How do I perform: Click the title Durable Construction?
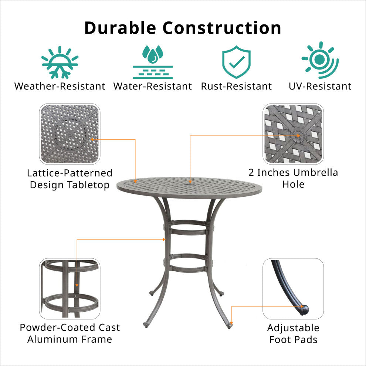click(x=183, y=28)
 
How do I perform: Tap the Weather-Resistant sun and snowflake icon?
click(x=60, y=62)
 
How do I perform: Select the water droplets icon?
click(x=153, y=62)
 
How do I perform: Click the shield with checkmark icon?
click(x=236, y=62)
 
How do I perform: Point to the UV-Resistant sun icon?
click(x=320, y=60)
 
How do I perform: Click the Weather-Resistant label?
click(x=60, y=87)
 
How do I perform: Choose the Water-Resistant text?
click(x=153, y=87)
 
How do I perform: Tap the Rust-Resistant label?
click(x=237, y=87)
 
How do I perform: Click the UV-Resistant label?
click(x=320, y=87)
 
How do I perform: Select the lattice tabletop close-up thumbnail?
click(x=70, y=134)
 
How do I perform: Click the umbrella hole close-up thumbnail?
click(x=293, y=134)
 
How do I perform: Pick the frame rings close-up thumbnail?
click(x=70, y=289)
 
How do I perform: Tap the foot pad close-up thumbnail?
click(x=293, y=289)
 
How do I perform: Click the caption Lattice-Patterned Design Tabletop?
click(x=70, y=179)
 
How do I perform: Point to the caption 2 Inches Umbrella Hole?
click(x=293, y=179)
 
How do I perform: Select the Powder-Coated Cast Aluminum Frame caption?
click(x=70, y=333)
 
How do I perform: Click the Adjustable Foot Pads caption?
click(x=293, y=334)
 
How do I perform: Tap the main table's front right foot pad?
click(x=230, y=326)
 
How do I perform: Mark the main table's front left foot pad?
click(x=146, y=325)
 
